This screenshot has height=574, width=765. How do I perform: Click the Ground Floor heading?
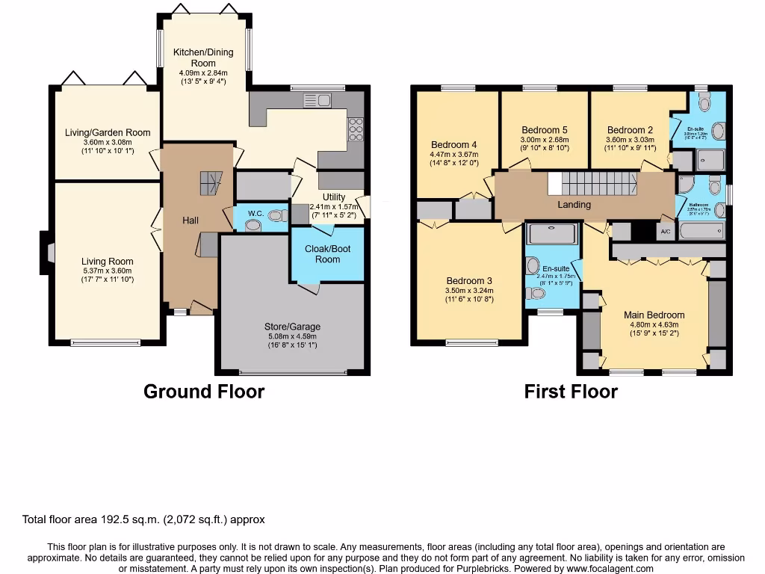(204, 391)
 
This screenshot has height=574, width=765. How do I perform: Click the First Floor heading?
(571, 391)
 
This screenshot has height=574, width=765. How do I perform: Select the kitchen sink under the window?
(318, 100)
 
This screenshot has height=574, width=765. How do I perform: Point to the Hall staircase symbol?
(211, 182)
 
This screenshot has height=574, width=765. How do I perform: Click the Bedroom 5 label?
(545, 129)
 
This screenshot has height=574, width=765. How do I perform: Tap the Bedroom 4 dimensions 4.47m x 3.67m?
(455, 155)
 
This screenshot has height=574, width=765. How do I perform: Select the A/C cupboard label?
(665, 232)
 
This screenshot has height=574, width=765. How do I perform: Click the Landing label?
(574, 204)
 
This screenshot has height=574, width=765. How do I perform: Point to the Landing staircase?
(598, 182)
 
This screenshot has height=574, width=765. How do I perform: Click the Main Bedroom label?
(654, 315)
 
